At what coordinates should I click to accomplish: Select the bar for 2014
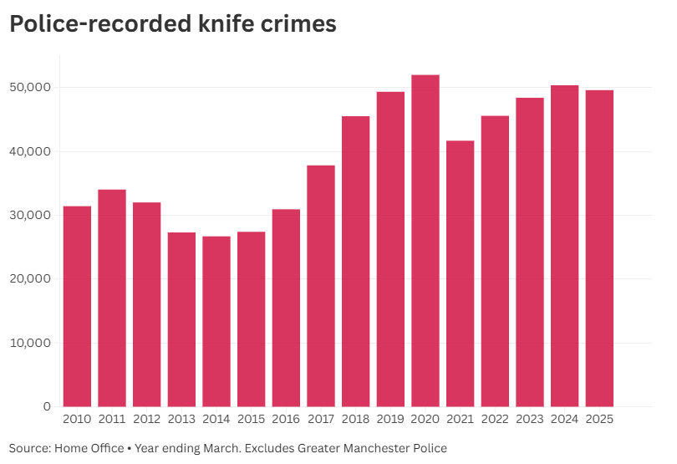tap(216, 321)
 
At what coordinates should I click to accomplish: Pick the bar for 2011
tap(112, 298)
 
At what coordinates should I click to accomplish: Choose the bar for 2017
tap(321, 286)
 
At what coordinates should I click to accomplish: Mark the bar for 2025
tap(599, 248)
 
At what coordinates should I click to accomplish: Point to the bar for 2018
tap(355, 261)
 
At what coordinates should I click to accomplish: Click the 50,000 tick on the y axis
tap(30, 88)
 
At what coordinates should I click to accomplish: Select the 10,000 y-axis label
tap(30, 343)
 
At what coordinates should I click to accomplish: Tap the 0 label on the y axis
tap(47, 407)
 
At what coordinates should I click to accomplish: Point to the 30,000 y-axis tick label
tap(30, 216)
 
